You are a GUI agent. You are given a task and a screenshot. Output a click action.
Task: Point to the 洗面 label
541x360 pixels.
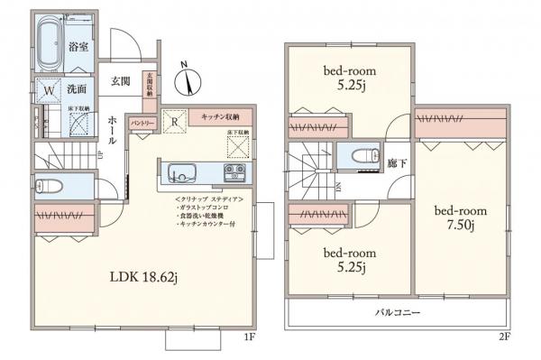pos(76,89)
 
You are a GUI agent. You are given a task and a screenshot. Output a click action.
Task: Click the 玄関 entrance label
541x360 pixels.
pos(121,81)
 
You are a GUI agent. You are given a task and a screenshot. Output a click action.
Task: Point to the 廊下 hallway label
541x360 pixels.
pos(396,163)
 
